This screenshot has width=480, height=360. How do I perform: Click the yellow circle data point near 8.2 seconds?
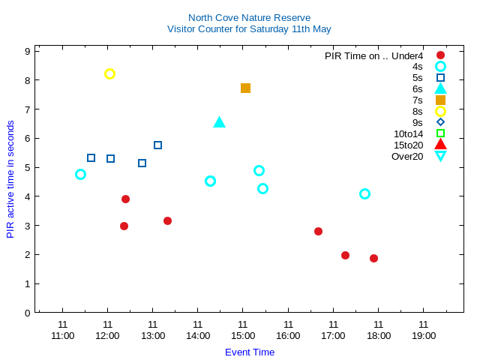[x=109, y=73]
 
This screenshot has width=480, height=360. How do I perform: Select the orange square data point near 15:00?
[x=245, y=88]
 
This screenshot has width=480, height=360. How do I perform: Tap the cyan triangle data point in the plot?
[x=219, y=122]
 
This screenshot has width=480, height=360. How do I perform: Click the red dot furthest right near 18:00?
[x=373, y=258]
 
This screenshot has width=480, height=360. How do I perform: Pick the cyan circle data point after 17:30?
[x=364, y=193]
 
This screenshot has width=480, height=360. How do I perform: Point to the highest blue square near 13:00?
[x=157, y=145]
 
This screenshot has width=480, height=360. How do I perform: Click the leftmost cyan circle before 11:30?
[x=80, y=174]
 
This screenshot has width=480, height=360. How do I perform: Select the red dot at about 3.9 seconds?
[x=125, y=199]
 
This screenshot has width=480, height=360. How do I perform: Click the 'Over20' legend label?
[x=407, y=156]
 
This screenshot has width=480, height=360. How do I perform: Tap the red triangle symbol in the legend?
[x=440, y=145]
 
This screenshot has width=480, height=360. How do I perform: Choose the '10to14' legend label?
[x=408, y=133]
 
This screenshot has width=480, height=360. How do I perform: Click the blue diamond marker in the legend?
[x=440, y=122]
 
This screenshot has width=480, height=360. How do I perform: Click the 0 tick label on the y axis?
[x=27, y=313]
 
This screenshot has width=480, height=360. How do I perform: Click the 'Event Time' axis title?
[x=250, y=352]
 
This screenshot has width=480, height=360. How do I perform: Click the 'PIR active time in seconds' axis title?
[x=10, y=179]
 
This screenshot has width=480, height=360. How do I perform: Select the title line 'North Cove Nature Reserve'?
[x=249, y=17]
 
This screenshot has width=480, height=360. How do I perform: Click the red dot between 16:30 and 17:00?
[x=318, y=231]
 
